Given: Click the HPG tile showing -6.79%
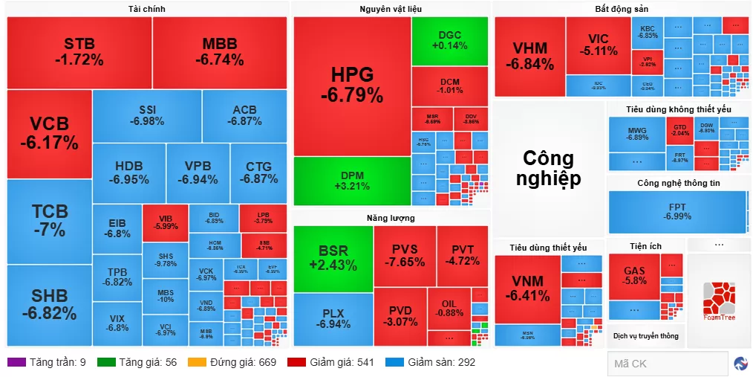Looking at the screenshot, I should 352,86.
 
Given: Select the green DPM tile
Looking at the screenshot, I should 352,180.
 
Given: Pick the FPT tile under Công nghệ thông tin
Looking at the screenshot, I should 677,211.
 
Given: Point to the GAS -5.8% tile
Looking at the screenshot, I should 634,275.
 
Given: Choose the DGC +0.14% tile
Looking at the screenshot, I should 449,40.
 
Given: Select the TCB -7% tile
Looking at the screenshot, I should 49,221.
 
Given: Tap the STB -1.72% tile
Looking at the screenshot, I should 79,51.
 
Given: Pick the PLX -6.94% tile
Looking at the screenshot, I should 333,319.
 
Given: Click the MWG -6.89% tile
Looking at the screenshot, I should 636,134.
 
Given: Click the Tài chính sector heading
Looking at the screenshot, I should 146,9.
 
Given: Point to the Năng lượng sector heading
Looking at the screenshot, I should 390,218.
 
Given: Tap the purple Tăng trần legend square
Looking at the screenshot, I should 16,362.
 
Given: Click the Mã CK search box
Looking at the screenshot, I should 666,364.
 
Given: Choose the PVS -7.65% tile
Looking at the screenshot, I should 404,257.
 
